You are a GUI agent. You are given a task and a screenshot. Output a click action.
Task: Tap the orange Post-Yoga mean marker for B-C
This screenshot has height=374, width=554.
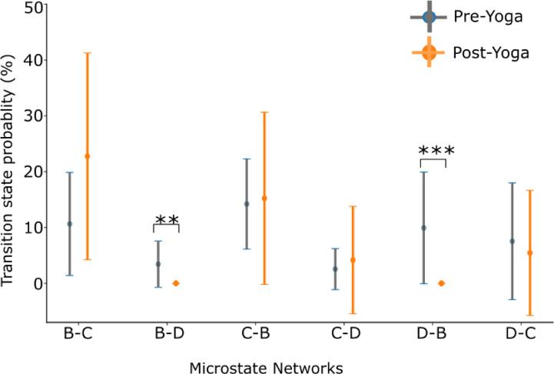click(87, 156)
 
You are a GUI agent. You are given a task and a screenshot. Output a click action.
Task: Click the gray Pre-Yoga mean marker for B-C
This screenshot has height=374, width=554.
click(70, 224)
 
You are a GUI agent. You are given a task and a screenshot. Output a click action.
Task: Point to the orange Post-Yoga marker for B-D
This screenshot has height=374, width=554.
click(175, 283)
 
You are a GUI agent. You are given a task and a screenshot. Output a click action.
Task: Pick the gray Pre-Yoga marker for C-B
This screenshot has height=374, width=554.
click(247, 204)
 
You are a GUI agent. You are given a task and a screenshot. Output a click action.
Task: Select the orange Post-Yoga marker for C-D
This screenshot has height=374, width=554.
click(353, 260)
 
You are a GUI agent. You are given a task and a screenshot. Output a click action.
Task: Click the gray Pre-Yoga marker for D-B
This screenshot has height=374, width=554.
click(423, 228)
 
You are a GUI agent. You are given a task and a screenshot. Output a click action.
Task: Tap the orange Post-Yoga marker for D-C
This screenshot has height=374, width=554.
click(529, 252)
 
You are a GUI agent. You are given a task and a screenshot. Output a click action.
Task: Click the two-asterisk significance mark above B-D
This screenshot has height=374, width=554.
click(167, 220)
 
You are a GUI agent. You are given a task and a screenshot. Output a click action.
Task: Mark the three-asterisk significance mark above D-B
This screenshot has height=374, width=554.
click(433, 151)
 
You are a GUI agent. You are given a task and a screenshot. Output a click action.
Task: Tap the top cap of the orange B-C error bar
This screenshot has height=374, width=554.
click(87, 53)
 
